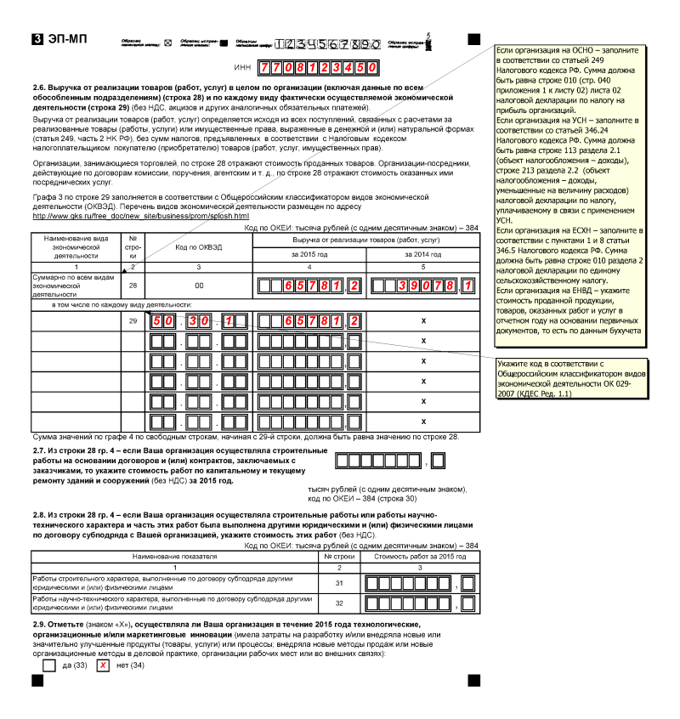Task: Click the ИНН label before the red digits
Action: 242,66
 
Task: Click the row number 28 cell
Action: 133,286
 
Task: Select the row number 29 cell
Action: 133,321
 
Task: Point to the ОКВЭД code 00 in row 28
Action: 199,286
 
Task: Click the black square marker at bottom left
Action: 37,681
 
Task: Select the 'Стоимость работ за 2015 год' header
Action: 416,556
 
